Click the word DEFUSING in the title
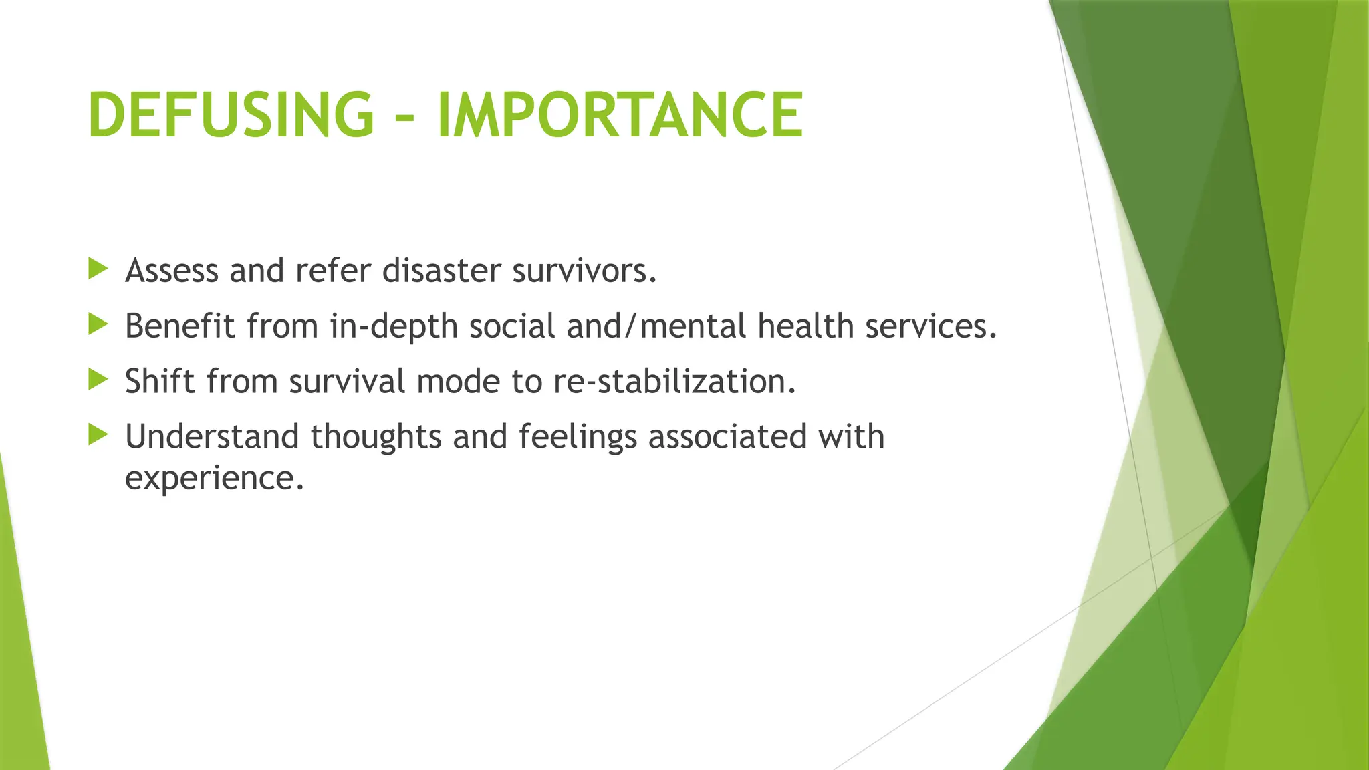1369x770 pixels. [x=231, y=115]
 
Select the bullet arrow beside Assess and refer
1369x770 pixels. [x=98, y=269]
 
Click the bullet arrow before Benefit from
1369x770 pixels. [x=98, y=325]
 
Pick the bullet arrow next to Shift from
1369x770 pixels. [x=98, y=380]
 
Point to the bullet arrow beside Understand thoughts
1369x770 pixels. [x=98, y=436]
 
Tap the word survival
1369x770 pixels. [x=347, y=382]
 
